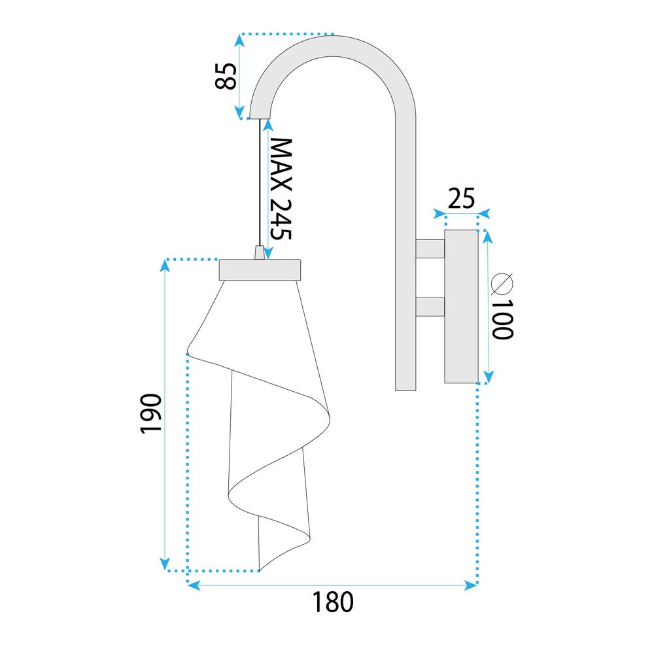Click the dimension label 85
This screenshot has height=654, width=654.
pos(226,77)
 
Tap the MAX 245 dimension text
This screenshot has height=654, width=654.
pos(281,189)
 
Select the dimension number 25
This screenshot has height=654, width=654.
pos(461,198)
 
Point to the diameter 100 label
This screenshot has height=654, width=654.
pos(502,306)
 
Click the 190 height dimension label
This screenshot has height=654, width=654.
pos(150,414)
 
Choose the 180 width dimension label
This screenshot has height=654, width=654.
pos(333,602)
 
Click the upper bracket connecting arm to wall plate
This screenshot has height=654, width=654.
pos(430,249)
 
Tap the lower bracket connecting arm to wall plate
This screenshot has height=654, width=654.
pos(430,307)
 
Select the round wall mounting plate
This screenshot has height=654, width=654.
pos(461,306)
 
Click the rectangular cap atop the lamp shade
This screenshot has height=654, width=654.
pos(260,270)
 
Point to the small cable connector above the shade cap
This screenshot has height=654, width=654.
pos(260,252)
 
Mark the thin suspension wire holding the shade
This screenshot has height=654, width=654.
pos(260,182)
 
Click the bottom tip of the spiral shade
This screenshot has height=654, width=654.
pos(260,570)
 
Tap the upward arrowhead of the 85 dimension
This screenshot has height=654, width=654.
pos(239,40)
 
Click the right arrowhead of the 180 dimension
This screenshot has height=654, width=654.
pos(472,585)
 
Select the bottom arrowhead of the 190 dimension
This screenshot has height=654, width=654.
pos(165,564)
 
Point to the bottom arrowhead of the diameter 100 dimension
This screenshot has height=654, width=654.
pos(488,377)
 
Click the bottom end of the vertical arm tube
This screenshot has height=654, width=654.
pos(405,390)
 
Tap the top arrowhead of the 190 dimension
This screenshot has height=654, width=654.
pos(165,266)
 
